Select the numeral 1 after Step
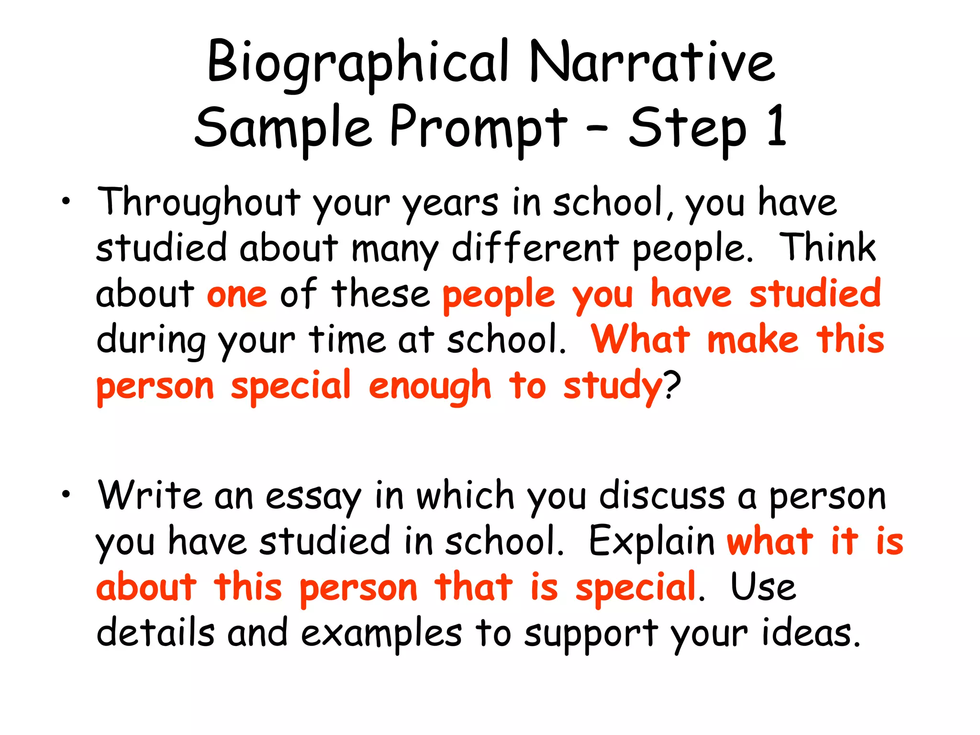click(x=776, y=126)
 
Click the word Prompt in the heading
click(x=479, y=128)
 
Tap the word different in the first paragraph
click(x=535, y=248)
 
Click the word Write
click(x=149, y=496)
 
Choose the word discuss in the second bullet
click(x=662, y=496)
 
